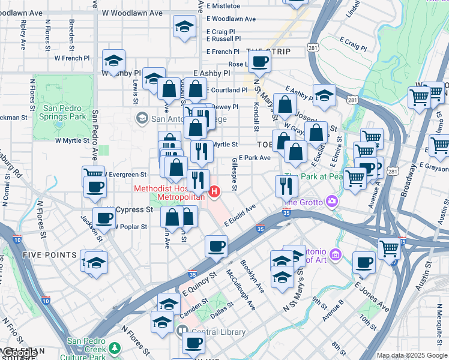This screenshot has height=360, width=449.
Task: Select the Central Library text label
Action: pos(218,332)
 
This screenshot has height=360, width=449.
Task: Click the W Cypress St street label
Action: pos(128,209)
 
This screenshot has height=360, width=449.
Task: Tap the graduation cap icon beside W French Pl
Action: pos(113,60)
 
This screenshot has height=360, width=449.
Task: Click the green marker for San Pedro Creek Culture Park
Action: pos(113,349)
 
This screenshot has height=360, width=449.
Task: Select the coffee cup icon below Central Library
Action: pos(193,343)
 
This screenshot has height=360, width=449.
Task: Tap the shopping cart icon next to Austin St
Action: pos(390,247)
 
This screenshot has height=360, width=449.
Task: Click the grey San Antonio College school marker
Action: pos(142,118)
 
